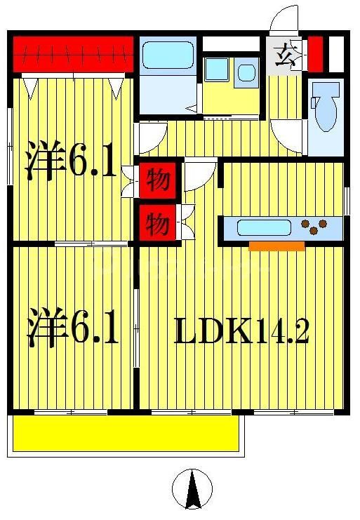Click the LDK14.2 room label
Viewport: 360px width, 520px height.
click(x=241, y=331)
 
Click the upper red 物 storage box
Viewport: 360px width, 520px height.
click(x=159, y=181)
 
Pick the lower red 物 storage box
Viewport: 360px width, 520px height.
click(x=159, y=225)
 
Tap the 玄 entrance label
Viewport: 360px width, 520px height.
click(x=286, y=54)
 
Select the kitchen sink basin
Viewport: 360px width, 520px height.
click(x=264, y=227)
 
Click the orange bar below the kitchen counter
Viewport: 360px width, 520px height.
click(x=276, y=246)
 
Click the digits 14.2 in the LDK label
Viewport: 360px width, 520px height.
click(x=280, y=331)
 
